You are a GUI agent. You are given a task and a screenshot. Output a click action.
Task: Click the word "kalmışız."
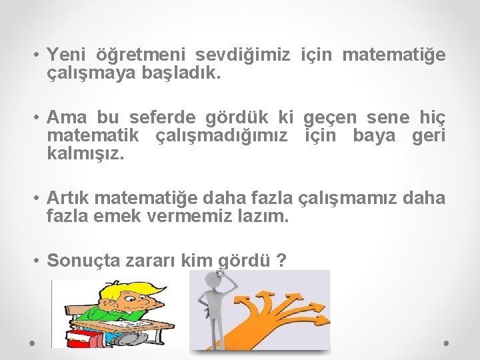85,155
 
